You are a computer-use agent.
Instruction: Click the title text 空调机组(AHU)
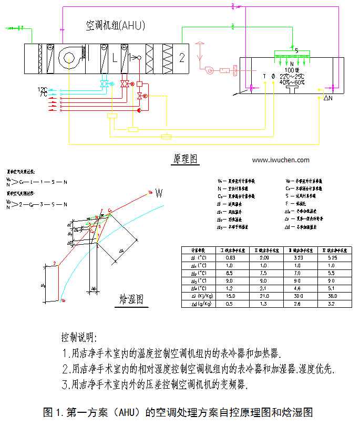(x=115, y=25)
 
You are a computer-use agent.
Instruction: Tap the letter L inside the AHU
(x=115, y=58)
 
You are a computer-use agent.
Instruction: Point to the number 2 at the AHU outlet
(x=182, y=57)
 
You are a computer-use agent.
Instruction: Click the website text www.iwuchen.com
(x=281, y=160)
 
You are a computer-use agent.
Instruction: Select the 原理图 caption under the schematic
(x=185, y=159)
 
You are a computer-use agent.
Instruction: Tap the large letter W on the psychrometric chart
(x=159, y=194)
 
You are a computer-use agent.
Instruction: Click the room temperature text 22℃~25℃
(x=292, y=76)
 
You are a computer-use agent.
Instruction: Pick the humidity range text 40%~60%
(x=292, y=82)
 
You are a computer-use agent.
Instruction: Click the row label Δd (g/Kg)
(x=197, y=303)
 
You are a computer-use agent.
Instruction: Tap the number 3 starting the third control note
(x=64, y=385)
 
